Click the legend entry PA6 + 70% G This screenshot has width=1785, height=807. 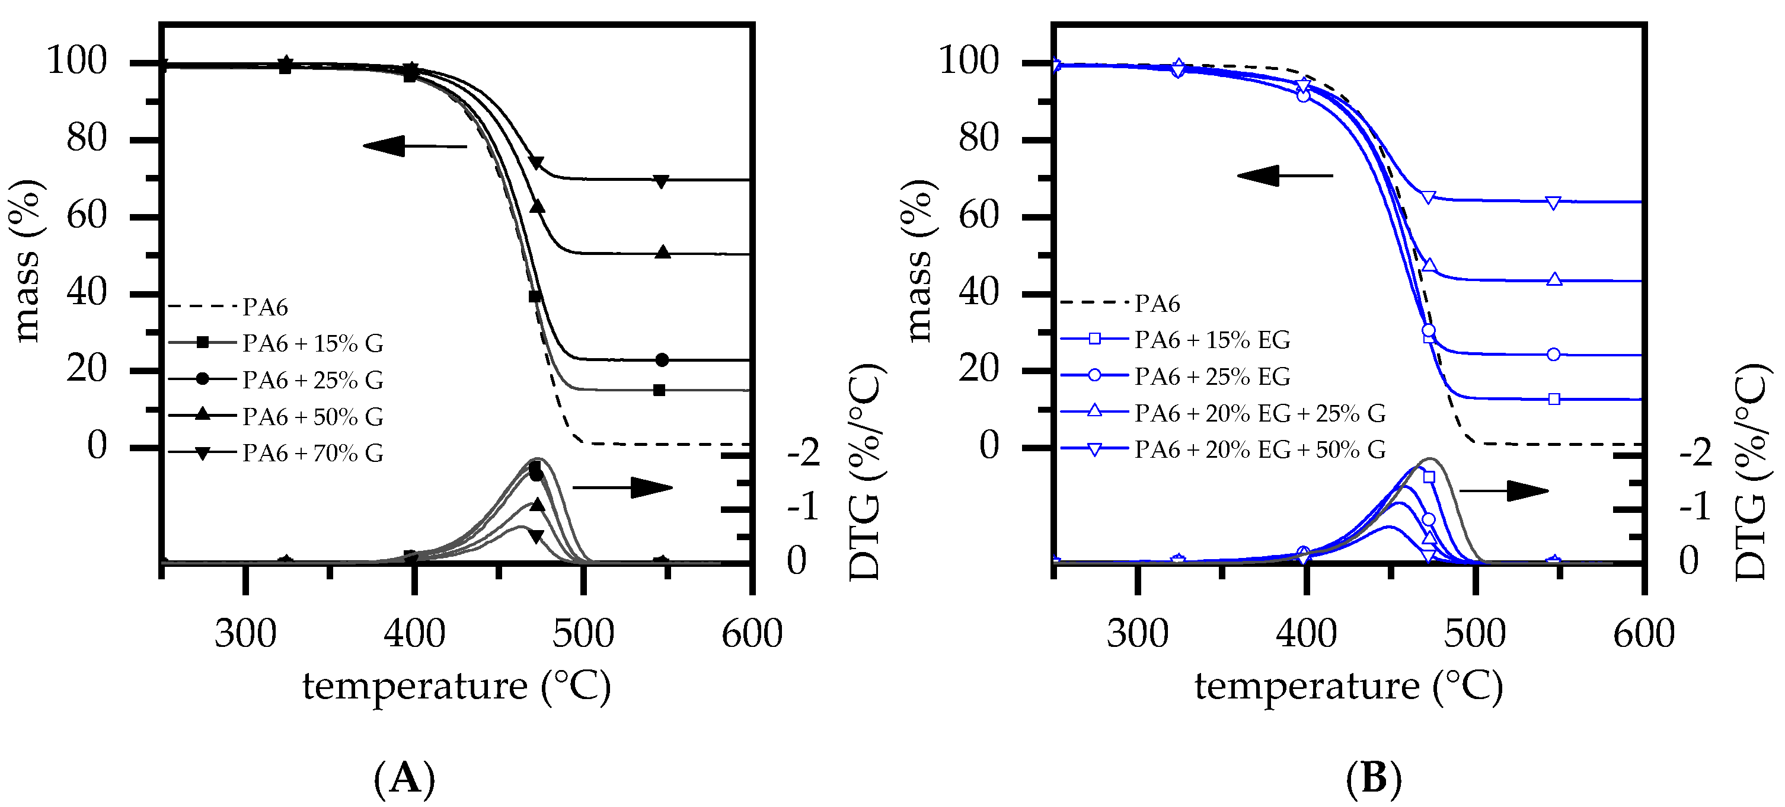coord(312,453)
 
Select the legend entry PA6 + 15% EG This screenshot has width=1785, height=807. coord(1211,340)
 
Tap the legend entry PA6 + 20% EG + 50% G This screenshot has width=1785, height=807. coord(1259,449)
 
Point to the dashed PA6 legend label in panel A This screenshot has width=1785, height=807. coord(265,307)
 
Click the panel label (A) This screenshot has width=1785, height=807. coord(405,778)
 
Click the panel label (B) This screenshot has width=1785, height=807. coord(1374,778)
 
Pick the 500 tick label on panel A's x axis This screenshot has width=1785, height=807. coord(583,634)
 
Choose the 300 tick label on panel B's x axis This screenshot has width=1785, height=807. coord(1137,634)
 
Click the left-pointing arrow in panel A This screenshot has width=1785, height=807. coord(414,146)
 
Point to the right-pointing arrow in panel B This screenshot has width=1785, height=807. coord(1503,491)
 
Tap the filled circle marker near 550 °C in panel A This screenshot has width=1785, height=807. coord(662,360)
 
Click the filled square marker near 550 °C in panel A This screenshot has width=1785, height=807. coord(659,390)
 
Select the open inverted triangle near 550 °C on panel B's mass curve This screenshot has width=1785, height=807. coord(1554,202)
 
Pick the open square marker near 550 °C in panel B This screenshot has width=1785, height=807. coord(1554,398)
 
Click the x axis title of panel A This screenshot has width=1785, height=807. coord(456,687)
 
